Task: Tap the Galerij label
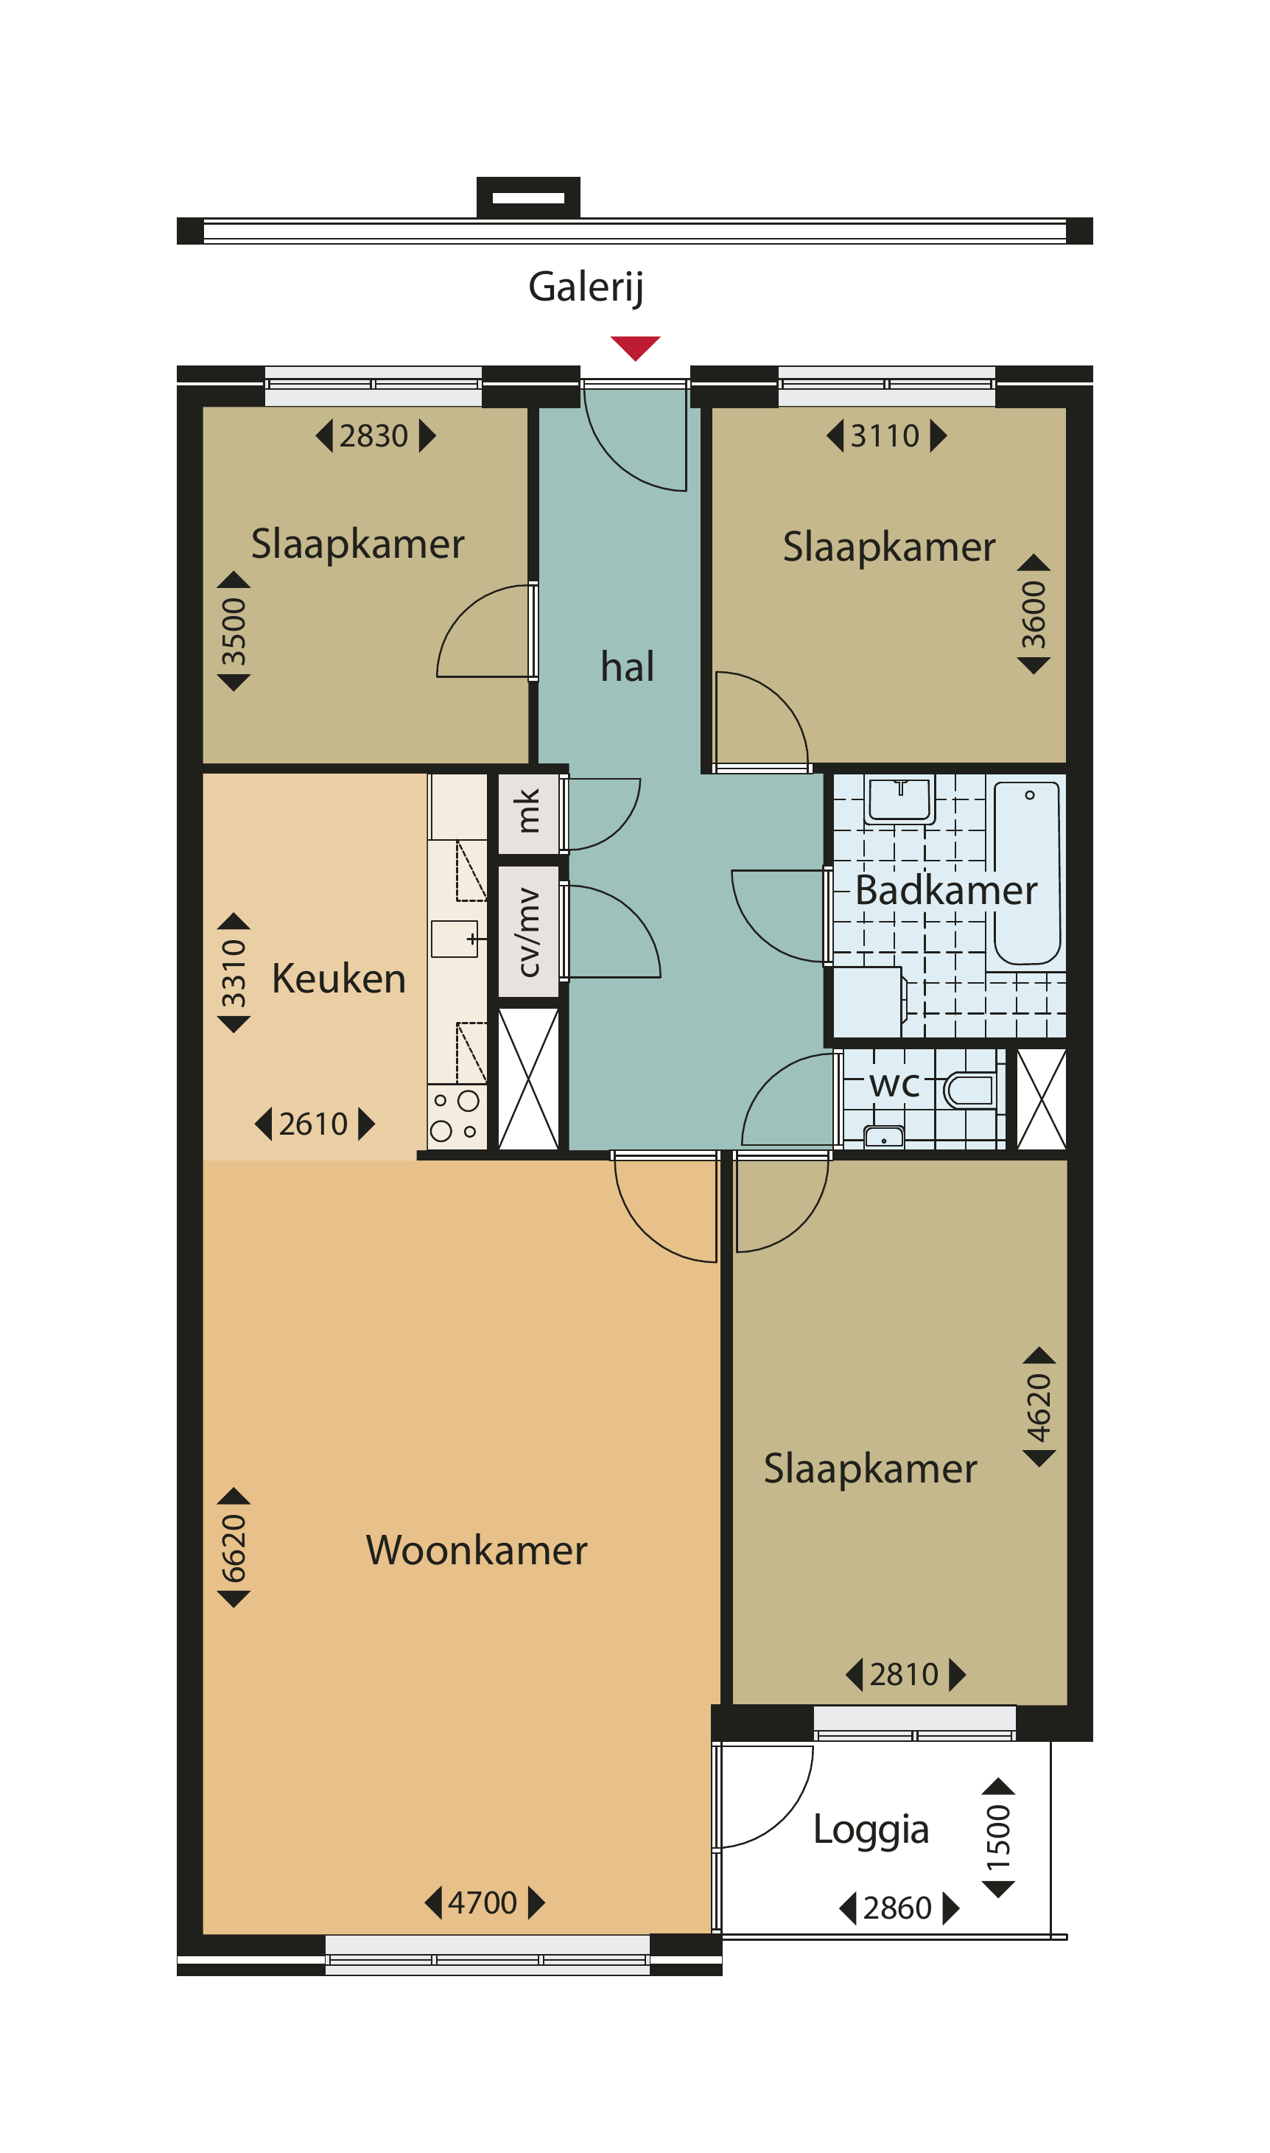point(586,287)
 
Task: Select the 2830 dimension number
point(374,436)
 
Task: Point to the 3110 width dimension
point(885,436)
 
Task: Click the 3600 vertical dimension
point(1034,615)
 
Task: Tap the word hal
point(628,667)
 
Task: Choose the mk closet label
point(528,811)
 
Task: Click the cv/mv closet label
point(529,933)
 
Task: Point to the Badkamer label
point(947,891)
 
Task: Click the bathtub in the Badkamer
point(1027,873)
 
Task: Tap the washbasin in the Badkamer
point(899,799)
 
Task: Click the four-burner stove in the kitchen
point(456,1117)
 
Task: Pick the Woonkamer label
point(477,1550)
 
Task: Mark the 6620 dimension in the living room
point(234,1548)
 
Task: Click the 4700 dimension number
point(483,1903)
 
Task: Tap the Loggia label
point(871,1830)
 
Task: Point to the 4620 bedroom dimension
point(1039,1407)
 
